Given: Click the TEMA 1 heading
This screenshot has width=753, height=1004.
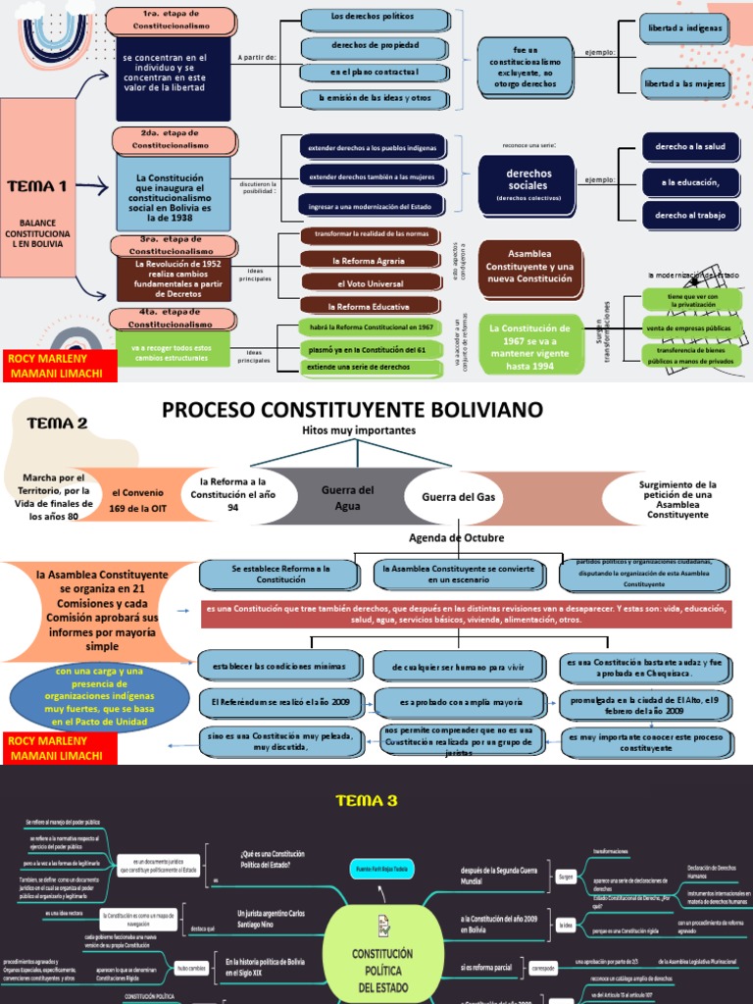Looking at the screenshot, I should (37, 185).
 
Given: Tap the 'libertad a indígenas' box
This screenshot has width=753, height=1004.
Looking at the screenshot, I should (685, 27).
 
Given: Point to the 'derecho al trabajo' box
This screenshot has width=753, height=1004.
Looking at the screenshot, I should (690, 215).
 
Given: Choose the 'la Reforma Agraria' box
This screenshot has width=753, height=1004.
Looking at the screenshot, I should (369, 261).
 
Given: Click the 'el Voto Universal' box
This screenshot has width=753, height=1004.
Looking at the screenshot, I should (369, 283).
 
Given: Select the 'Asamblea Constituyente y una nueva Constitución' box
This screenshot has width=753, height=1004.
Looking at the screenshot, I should (529, 266).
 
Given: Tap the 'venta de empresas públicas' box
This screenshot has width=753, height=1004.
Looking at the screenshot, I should (692, 326).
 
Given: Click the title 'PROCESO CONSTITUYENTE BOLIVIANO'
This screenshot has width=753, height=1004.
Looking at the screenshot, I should (353, 409).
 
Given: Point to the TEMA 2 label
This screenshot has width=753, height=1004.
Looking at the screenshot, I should (57, 424).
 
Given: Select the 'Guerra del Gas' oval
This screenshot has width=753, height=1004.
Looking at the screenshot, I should (459, 497).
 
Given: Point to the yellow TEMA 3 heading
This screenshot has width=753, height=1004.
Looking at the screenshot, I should (367, 800).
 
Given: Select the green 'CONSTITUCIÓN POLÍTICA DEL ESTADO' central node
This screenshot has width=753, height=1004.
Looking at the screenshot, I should (381, 966).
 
